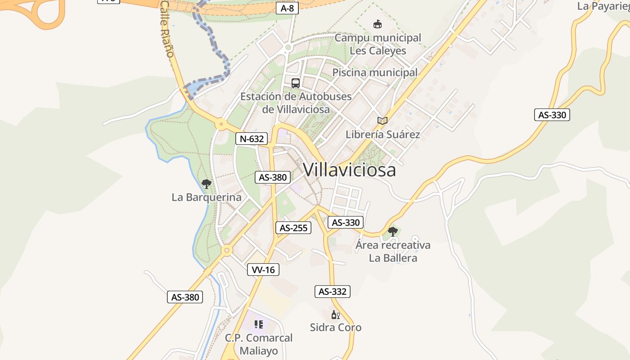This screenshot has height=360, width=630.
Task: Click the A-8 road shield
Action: coord(287,8)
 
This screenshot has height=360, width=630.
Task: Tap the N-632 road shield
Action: coord(252,139)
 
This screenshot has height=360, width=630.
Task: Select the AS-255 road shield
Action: coord(293,228)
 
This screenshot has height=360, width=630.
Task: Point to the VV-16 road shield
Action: coord(263,270)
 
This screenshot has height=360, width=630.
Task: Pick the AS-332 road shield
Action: coord(333,291)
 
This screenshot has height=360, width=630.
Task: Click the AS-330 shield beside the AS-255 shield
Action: coord(346,222)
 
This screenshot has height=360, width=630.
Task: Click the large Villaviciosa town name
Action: coord(350,170)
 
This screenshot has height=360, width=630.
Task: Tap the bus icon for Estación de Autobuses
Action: coord(295,83)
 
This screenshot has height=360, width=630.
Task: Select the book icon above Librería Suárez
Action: coord(382,121)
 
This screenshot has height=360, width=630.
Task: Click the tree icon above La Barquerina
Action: coord(207,184)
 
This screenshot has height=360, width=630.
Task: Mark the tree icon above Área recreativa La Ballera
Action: coord(393,232)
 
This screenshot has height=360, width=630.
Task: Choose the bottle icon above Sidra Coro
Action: coord(335,315)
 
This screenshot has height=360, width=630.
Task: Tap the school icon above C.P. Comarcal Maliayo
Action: coord(259,324)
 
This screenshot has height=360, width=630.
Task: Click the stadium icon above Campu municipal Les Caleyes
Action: coord(378,24)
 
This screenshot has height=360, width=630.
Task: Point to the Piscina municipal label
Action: coord(375,72)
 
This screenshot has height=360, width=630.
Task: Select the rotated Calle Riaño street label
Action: coord(167,29)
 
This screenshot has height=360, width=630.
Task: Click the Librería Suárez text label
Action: coord(382,134)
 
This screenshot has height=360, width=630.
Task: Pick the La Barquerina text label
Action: coord(207,197)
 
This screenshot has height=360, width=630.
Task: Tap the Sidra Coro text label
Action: coord(336,327)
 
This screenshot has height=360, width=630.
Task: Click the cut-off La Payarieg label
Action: coord(603,6)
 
